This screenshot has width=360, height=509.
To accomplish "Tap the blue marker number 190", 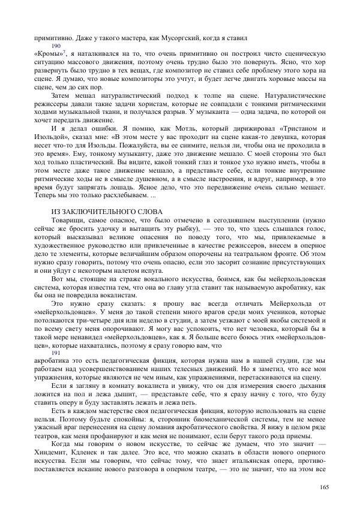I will point(56,46).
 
